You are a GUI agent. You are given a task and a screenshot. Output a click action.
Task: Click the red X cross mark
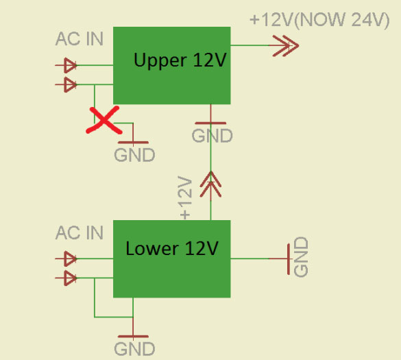coord(104,120)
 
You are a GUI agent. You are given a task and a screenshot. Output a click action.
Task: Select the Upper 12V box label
coord(180,61)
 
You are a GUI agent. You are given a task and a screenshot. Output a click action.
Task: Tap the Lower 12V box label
coord(172,248)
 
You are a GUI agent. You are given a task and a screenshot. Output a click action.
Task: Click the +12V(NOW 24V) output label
coord(319,20)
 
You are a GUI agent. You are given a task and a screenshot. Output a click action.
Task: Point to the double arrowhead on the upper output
coord(286,46)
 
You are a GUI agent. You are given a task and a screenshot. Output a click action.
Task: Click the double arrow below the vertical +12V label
coord(210,184)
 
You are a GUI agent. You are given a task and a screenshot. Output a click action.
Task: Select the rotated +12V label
coord(185,197)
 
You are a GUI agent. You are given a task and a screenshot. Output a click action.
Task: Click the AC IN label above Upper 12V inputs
coord(80,39)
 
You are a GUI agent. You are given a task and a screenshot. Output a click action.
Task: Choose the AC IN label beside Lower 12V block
coord(80,232)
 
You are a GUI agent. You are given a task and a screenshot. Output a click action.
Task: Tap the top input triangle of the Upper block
coord(70,65)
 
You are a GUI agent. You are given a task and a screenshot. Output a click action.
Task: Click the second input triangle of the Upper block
coord(70,84)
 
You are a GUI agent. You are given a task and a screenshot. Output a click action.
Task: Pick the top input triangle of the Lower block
coord(70,259)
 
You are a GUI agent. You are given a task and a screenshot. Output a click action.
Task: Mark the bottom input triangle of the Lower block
coord(70,278)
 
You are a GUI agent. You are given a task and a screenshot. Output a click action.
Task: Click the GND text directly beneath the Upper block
coord(212,136)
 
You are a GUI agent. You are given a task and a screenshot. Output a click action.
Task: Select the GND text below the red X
coord(134,155)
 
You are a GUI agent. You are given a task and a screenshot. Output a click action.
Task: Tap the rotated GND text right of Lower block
coord(301,256)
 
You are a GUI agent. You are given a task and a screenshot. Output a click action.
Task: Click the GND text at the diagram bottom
coord(134,349)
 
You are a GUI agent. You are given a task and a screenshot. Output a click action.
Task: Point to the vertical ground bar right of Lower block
coord(289,259)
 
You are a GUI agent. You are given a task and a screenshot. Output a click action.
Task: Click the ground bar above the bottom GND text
coord(133,337)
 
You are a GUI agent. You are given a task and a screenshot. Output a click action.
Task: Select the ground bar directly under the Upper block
coord(210,123)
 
